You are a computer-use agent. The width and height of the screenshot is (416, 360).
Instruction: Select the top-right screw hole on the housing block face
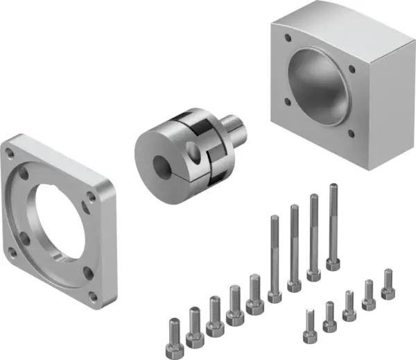[x=352, y=68]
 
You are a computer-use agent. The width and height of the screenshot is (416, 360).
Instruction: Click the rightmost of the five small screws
[x=388, y=282]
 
